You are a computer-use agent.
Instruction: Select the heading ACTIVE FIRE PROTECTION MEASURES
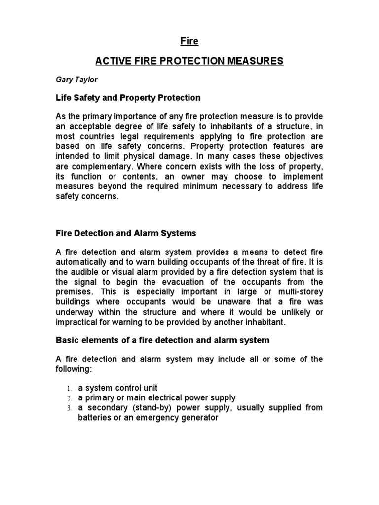tap(189, 61)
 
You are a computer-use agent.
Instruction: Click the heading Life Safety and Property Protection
tap(127, 97)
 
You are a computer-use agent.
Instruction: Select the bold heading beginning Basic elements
tap(162, 341)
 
